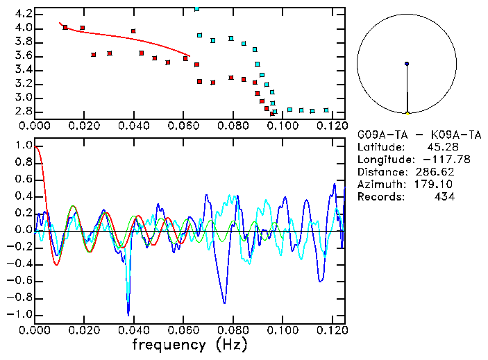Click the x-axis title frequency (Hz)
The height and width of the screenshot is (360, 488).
tap(190, 345)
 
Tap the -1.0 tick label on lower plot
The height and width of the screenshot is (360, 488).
tap(21, 314)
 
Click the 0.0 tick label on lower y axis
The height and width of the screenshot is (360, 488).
tap(24, 230)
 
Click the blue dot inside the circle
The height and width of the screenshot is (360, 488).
tap(407, 64)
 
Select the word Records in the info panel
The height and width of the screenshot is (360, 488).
tap(380, 197)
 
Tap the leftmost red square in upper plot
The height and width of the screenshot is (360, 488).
tap(65, 28)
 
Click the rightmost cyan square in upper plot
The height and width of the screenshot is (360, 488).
tap(326, 110)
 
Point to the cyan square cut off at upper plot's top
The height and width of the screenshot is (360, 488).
tap(197, 9)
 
